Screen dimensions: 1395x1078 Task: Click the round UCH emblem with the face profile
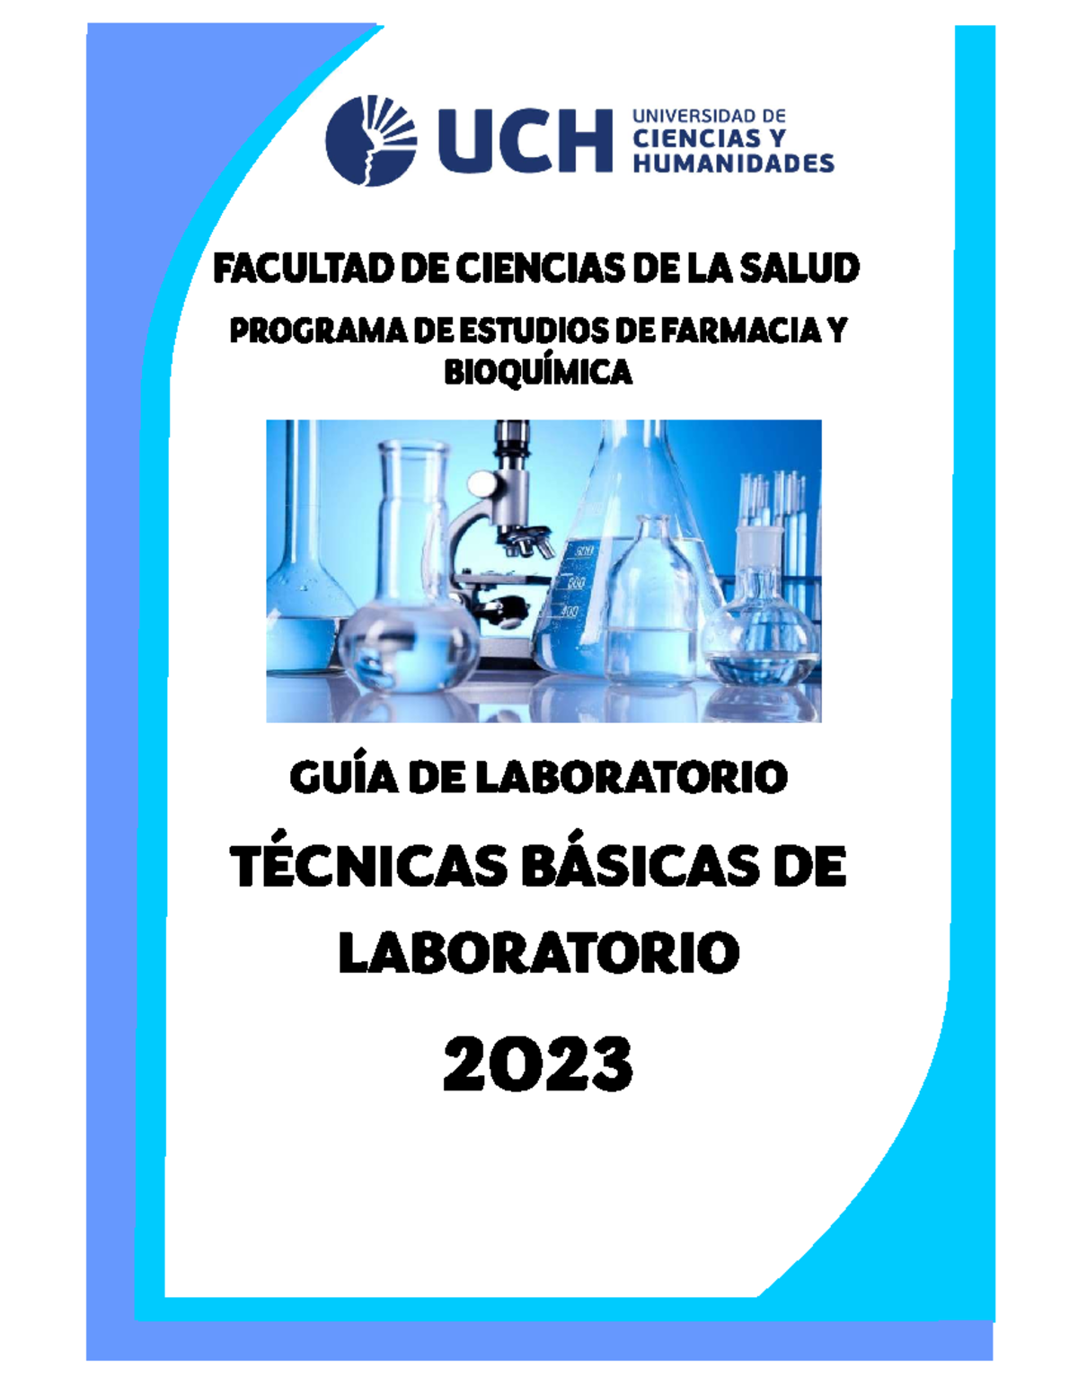370,140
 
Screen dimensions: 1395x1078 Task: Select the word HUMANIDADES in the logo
733,163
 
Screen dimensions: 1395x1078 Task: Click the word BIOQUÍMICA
538,372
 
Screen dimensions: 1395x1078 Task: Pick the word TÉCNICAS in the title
367,868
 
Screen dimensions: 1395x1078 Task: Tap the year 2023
538,1064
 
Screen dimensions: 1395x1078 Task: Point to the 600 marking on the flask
584,550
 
